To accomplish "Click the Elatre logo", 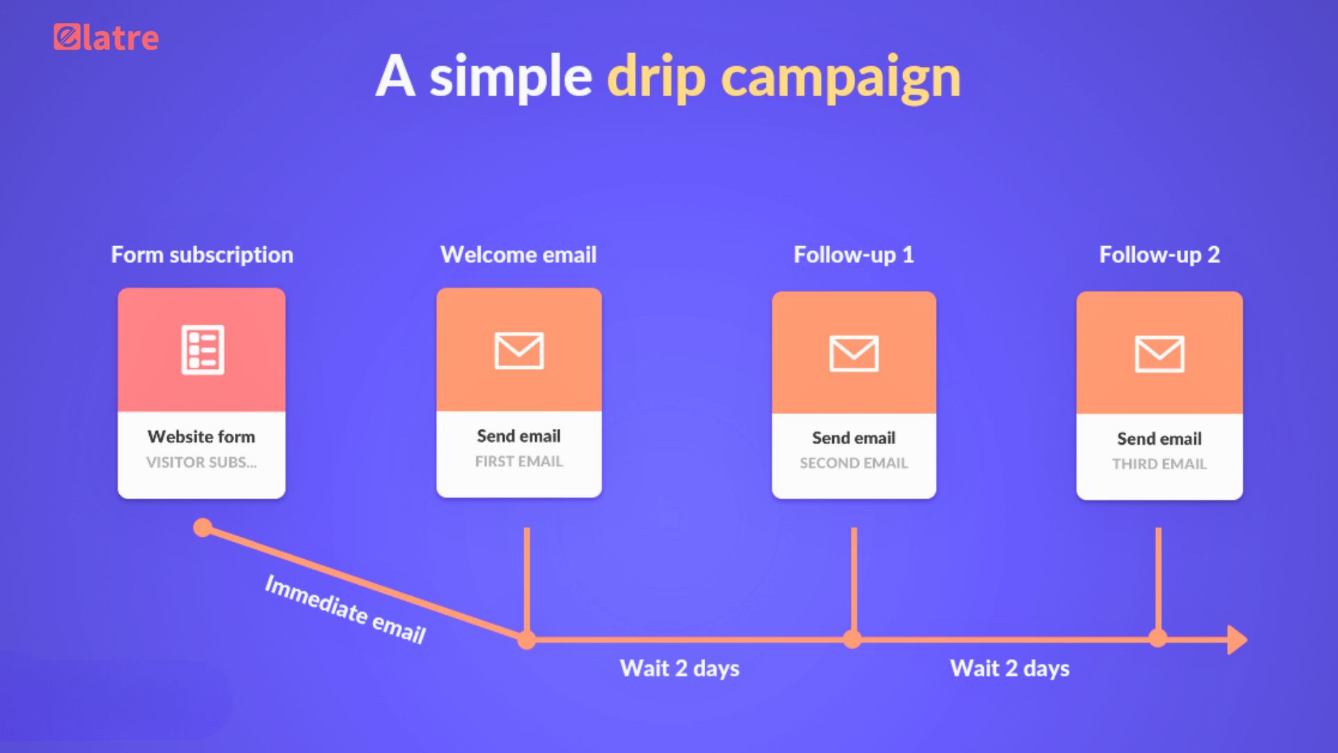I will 106,38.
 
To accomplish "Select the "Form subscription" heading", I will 202,255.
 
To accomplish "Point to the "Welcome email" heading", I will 518,255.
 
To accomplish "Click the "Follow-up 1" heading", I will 854,255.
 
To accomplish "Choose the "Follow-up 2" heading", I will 1160,255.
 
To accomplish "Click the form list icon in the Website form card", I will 203,349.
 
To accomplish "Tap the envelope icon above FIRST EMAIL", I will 519,350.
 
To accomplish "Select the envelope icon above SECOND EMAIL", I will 854,353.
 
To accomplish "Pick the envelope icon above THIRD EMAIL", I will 1160,353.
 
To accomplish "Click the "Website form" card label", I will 201,436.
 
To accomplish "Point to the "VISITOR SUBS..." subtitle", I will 201,462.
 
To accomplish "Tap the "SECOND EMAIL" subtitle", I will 854,463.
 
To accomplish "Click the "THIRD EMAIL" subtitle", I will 1160,464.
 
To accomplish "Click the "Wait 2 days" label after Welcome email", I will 679,668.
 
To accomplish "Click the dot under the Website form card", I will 203,528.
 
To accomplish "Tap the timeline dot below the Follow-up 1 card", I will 852,639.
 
